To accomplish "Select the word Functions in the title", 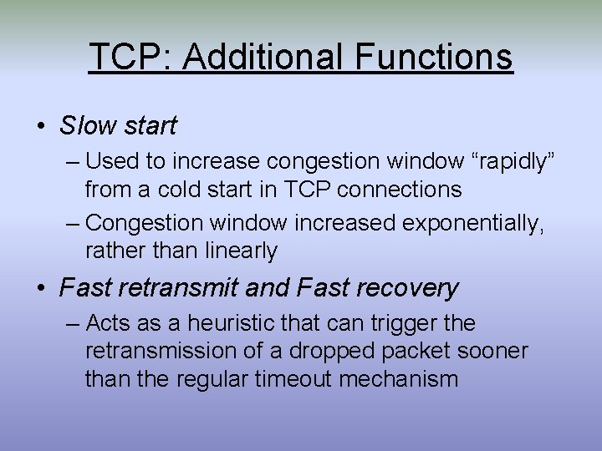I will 433,57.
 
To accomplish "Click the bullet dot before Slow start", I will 41,127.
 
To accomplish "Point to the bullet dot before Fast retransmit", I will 41,289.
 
